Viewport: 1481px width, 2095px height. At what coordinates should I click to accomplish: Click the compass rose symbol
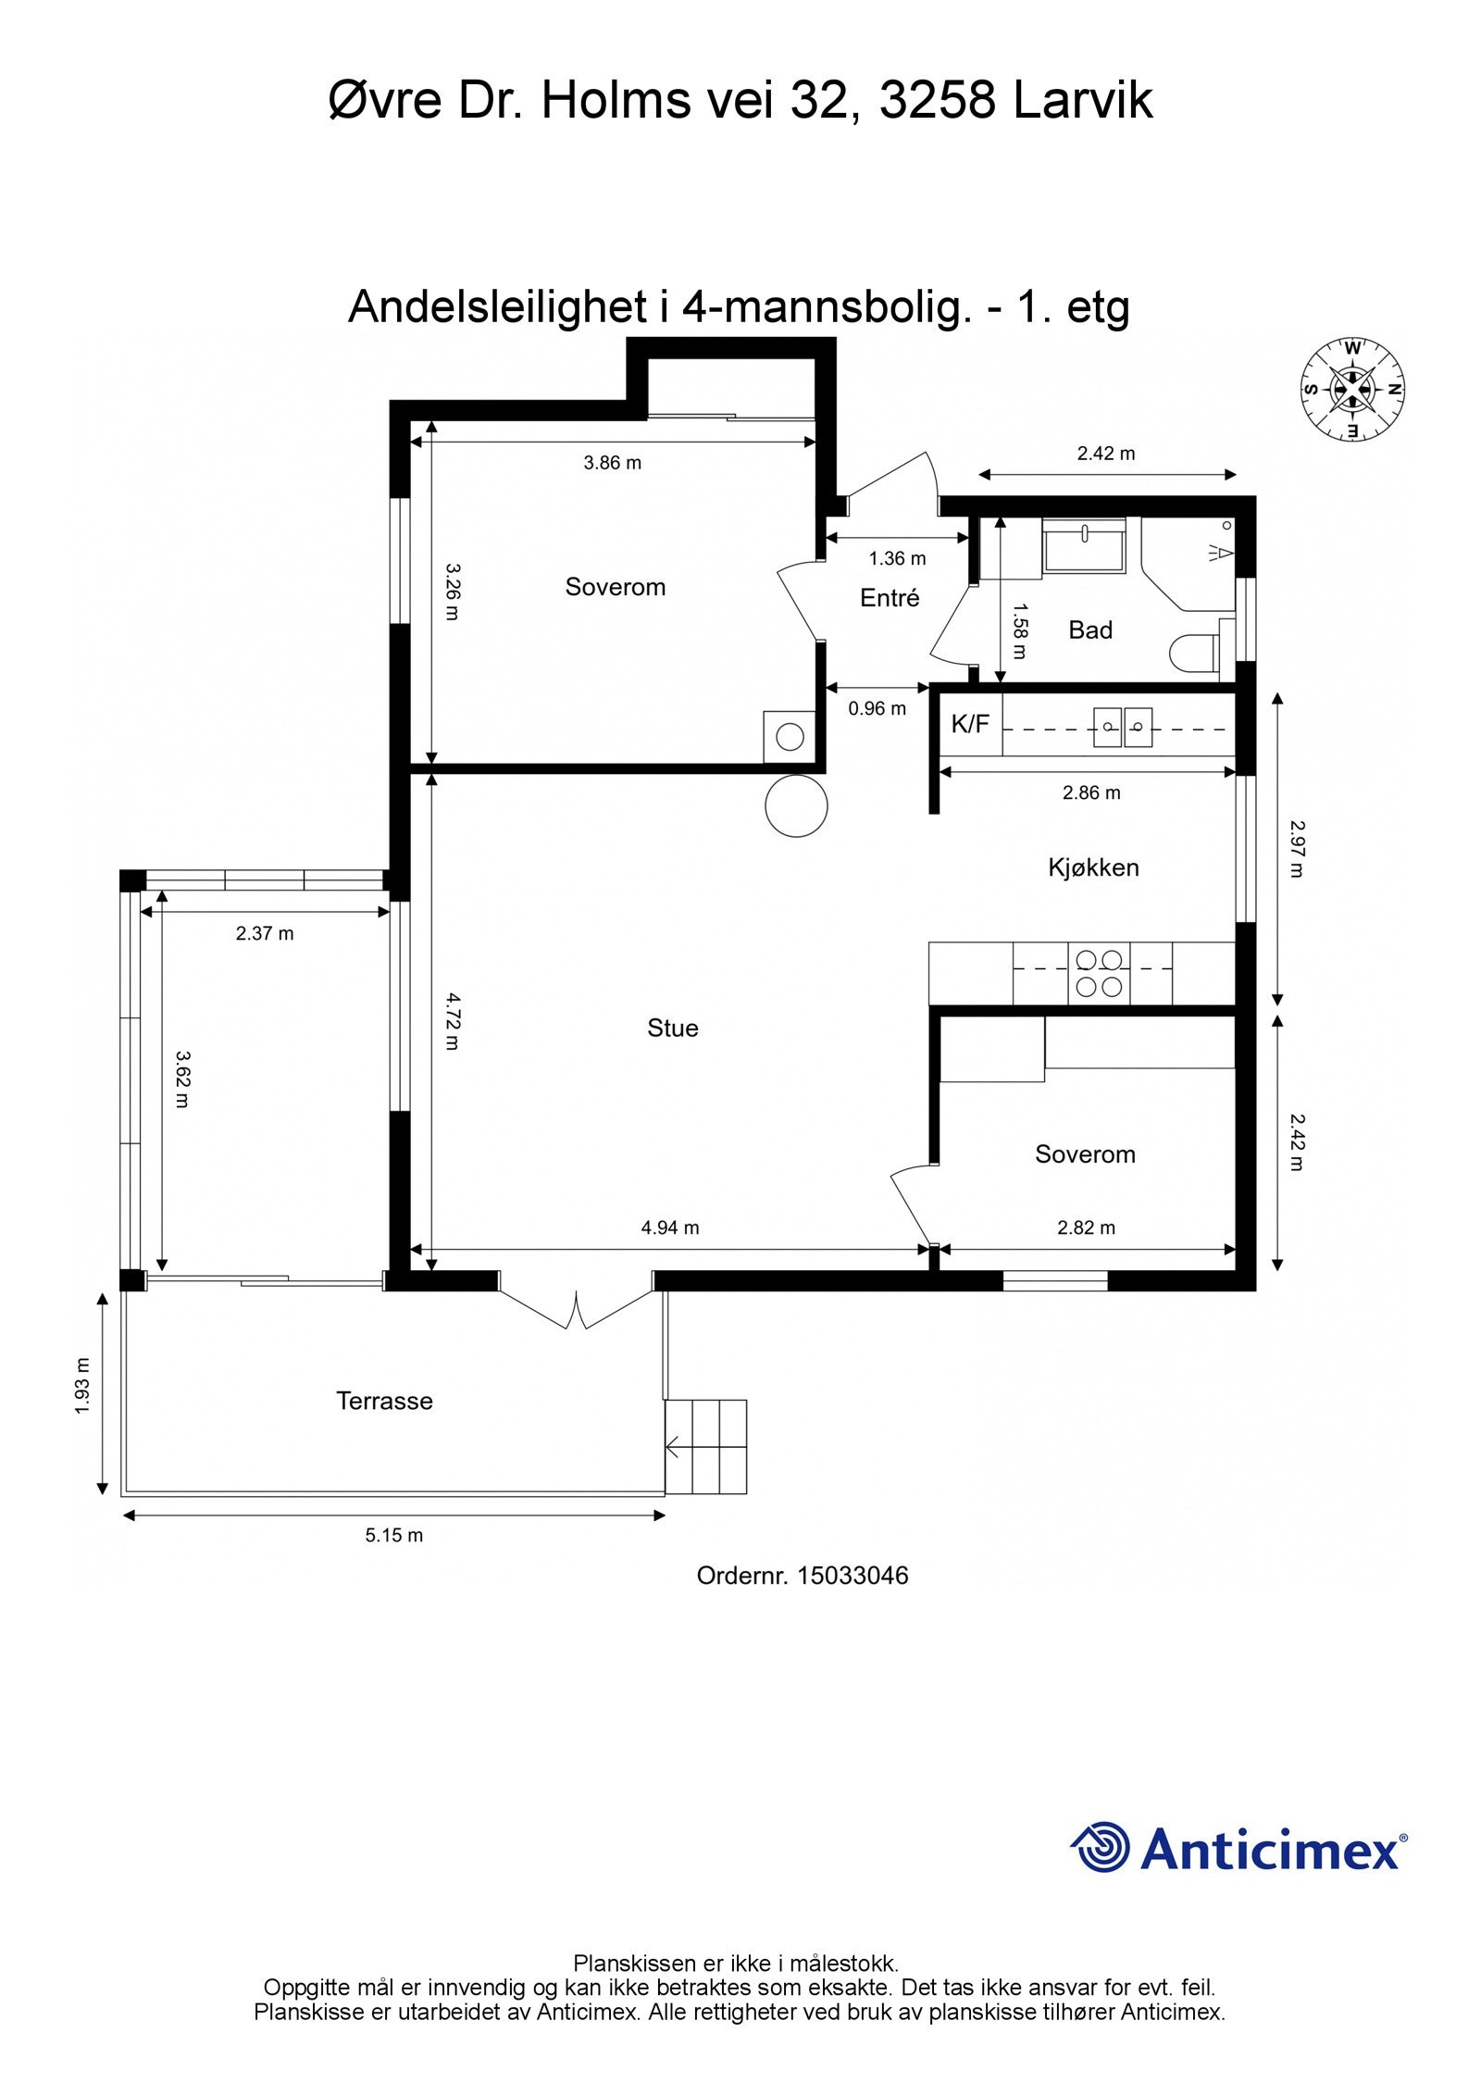(x=1352, y=389)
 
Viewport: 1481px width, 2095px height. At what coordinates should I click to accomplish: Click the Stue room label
(x=672, y=1028)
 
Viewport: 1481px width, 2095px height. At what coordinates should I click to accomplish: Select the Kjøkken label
(x=1093, y=867)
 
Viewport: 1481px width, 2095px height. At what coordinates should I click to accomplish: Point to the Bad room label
(x=1090, y=630)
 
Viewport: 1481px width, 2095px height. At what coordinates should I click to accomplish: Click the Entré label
(x=890, y=598)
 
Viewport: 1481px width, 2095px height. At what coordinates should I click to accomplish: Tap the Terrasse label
(x=384, y=1401)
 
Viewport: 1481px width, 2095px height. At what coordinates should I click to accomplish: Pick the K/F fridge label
(x=970, y=724)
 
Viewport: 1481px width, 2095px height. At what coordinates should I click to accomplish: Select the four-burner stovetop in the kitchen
(x=1099, y=973)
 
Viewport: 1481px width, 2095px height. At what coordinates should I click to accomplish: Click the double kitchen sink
(x=1124, y=727)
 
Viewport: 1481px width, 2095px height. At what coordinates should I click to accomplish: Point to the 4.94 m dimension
(x=670, y=1228)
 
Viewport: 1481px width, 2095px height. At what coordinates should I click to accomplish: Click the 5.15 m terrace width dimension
(x=393, y=1535)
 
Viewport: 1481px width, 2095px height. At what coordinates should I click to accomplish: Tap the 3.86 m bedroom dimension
(x=612, y=463)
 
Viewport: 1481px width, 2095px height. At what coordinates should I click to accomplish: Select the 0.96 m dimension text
(x=877, y=709)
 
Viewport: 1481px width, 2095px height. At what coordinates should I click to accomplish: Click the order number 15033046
(x=853, y=1576)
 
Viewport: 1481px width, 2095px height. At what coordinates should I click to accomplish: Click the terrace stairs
(x=705, y=1446)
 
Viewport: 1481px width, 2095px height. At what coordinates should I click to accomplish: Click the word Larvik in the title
(x=1083, y=100)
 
